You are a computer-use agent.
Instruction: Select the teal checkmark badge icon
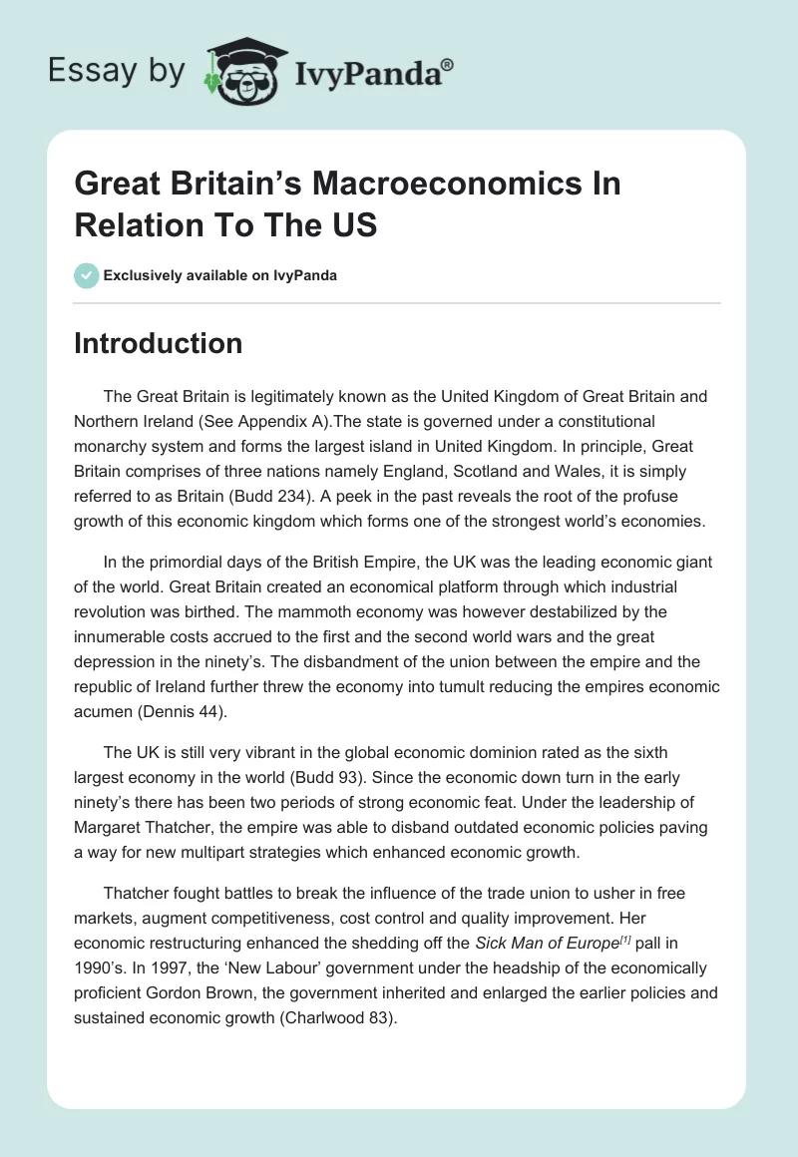coord(87,275)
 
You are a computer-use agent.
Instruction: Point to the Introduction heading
coord(158,344)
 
